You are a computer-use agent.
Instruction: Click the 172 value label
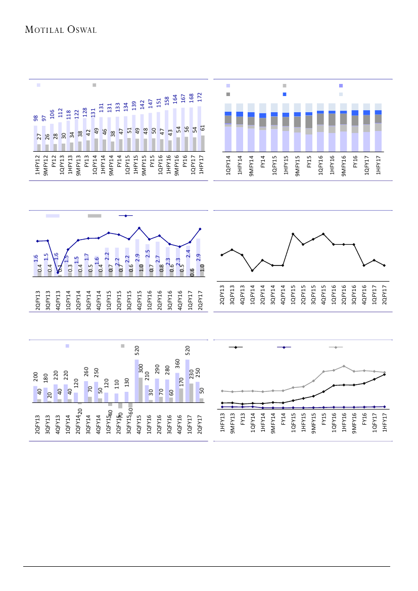tap(199, 96)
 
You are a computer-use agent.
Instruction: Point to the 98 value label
tap(36, 118)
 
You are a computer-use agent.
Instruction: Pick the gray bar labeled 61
tap(203, 143)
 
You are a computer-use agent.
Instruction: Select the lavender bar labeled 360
tap(177, 387)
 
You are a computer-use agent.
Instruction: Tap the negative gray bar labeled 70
tap(120, 405)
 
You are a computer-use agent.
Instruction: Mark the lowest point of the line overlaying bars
tap(58, 273)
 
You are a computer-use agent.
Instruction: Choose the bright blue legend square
tap(285, 95)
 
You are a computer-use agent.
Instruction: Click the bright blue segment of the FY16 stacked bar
tap(355, 113)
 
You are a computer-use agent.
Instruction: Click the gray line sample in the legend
tap(336, 347)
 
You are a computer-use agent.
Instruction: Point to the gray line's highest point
tap(344, 366)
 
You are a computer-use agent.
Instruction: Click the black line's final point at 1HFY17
tap(385, 375)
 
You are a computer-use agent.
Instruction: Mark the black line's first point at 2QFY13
tap(222, 255)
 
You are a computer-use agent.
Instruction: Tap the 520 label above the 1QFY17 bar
tap(188, 350)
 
